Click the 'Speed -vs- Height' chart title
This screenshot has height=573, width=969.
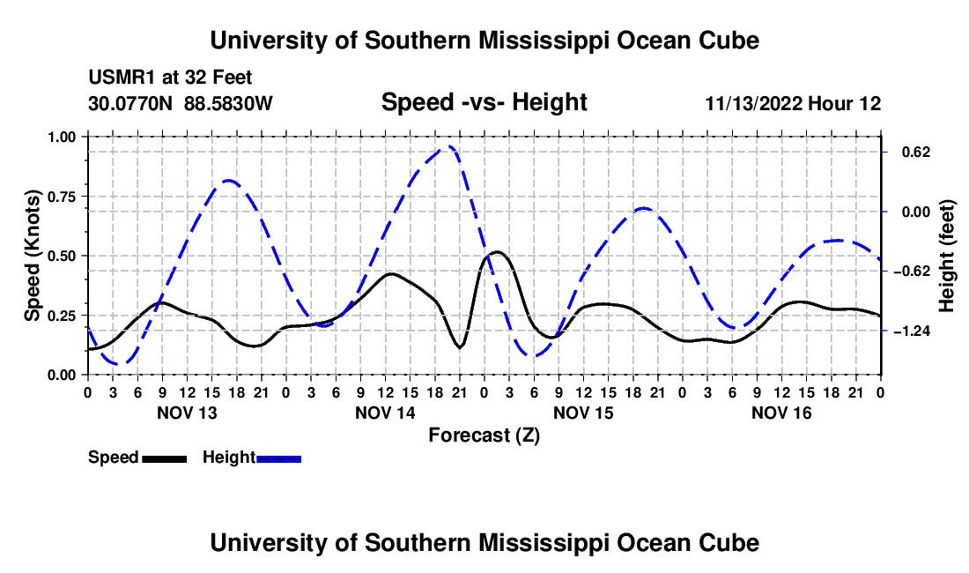(484, 102)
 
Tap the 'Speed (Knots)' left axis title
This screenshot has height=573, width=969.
(32, 256)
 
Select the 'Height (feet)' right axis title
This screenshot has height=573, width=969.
(946, 256)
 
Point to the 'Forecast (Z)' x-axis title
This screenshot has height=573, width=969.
(484, 435)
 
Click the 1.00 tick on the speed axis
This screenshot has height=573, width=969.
(61, 137)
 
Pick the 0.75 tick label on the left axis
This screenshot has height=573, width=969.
(61, 197)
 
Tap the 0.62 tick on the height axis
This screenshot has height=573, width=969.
(916, 152)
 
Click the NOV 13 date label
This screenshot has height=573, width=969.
(188, 413)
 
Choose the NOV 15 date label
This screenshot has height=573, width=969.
(583, 413)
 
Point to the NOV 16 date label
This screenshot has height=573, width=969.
(781, 413)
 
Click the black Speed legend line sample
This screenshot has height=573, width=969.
(165, 459)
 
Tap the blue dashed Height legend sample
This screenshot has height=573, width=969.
(278, 459)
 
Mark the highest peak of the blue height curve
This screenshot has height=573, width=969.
(450, 146)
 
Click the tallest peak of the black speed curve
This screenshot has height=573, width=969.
(498, 252)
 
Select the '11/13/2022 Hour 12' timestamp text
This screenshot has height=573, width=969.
(793, 103)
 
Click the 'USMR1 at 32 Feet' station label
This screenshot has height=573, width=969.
(170, 78)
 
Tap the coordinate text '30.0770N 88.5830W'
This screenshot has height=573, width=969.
(181, 103)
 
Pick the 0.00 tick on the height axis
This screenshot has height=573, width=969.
(916, 212)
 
